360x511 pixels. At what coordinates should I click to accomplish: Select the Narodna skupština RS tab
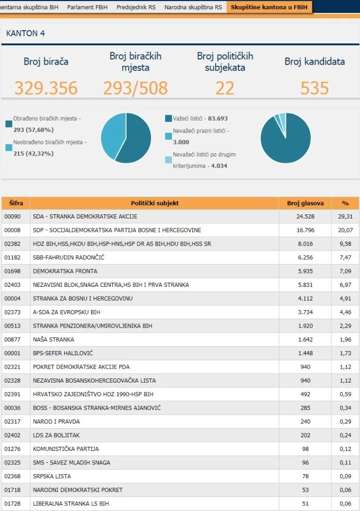click(x=193, y=7)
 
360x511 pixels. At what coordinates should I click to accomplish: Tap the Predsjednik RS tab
click(x=136, y=7)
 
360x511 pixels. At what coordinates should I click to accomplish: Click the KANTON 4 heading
click(x=25, y=33)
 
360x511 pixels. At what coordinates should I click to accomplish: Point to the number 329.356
click(x=46, y=88)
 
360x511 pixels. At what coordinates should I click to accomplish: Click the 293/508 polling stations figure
click(x=136, y=88)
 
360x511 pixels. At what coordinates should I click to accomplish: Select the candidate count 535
click(x=314, y=88)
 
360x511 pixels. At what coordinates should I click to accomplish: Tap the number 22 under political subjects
click(x=225, y=88)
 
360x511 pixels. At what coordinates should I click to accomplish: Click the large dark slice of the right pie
click(x=287, y=142)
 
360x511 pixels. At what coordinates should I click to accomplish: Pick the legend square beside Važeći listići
click(x=168, y=119)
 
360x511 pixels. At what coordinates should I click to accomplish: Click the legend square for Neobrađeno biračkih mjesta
click(x=9, y=148)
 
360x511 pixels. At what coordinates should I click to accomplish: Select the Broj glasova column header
click(x=305, y=203)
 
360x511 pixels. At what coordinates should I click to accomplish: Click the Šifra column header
click(x=16, y=203)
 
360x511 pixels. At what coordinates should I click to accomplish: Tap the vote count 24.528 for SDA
click(x=305, y=216)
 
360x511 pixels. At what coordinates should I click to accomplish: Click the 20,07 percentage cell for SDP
click(x=345, y=230)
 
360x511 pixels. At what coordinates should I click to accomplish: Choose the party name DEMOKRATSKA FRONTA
click(x=65, y=271)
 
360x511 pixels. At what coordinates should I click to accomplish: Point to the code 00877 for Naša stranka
click(x=12, y=340)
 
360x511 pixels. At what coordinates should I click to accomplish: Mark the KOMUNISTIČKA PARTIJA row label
click(x=66, y=449)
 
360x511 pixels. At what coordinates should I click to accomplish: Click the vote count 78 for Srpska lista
click(x=305, y=476)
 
